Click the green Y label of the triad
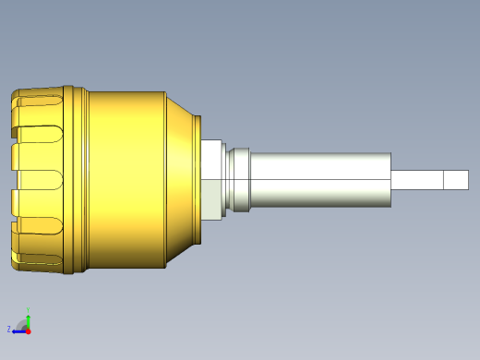(28, 310)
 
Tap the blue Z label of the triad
(9, 329)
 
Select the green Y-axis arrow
(29, 320)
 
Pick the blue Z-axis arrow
(18, 329)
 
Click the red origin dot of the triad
(29, 329)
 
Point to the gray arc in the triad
(23, 324)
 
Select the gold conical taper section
(180, 180)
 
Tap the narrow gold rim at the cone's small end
(198, 181)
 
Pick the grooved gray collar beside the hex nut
(238, 179)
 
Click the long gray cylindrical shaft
(318, 178)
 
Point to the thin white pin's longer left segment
(417, 179)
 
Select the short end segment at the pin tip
(455, 179)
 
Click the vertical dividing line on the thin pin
(443, 179)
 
